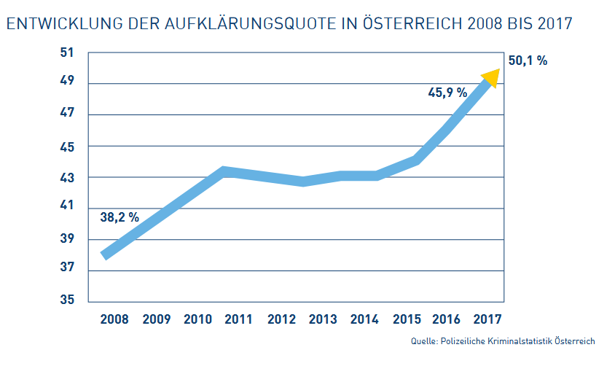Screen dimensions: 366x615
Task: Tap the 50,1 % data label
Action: tap(527, 61)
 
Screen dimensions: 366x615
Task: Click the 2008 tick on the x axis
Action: tap(114, 319)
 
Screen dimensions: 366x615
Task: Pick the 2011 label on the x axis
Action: tap(238, 319)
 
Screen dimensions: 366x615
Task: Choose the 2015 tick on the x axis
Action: tap(406, 319)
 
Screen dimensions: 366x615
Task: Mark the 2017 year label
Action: tap(487, 319)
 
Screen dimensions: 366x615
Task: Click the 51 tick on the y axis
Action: tap(68, 52)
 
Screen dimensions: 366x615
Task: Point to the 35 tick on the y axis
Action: tap(68, 300)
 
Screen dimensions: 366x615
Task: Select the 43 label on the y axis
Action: tap(68, 177)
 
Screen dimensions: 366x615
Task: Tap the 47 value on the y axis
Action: tap(68, 114)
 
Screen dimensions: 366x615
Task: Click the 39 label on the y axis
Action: tap(68, 239)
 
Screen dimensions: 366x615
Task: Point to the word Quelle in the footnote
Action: tap(423, 341)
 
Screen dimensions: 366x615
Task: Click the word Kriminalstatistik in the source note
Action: tap(520, 341)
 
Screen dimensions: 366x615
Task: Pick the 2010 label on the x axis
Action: tap(197, 319)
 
